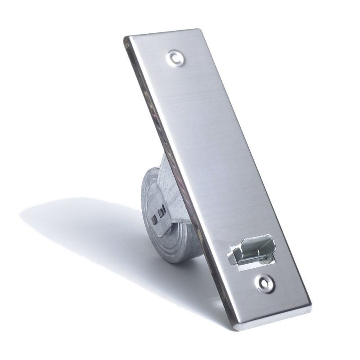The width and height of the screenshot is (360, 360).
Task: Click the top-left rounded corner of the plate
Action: [x=128, y=39]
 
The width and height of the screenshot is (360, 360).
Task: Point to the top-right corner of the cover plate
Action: [x=198, y=31]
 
